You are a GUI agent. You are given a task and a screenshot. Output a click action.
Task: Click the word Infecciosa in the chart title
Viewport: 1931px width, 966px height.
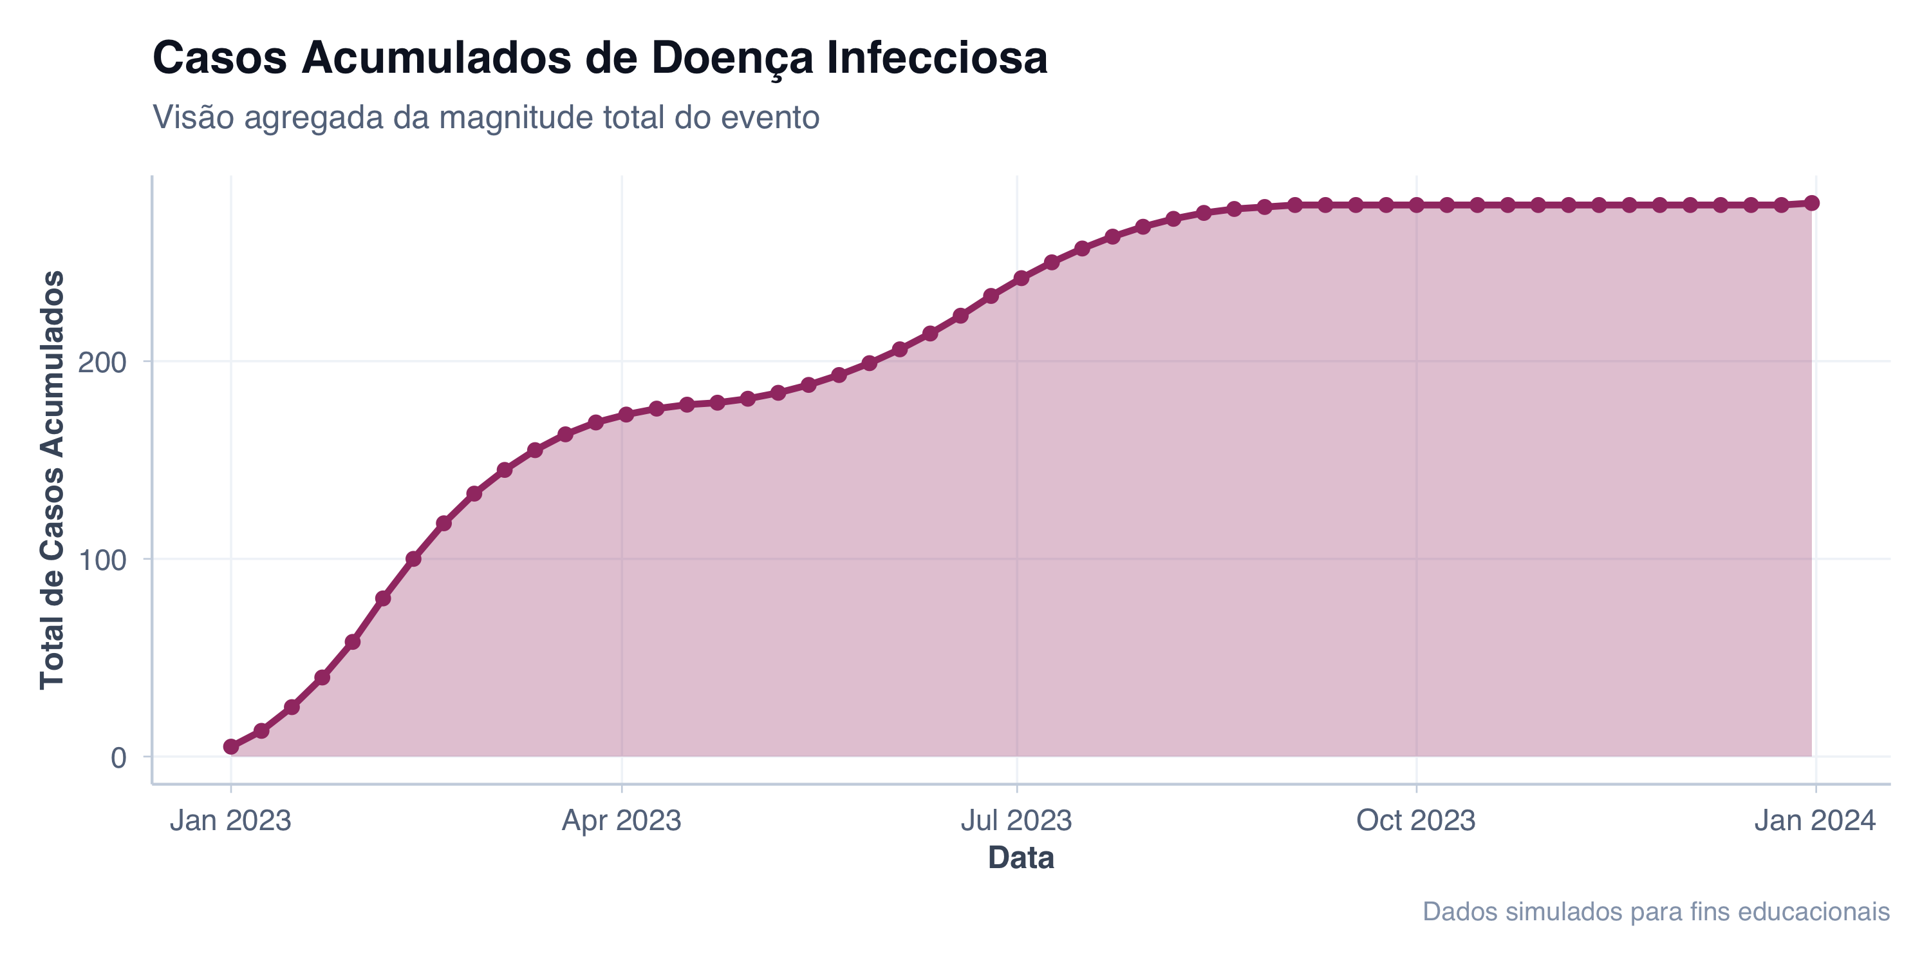pyautogui.click(x=937, y=58)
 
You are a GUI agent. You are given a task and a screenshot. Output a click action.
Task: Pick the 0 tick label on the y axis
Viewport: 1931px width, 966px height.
pyautogui.click(x=118, y=757)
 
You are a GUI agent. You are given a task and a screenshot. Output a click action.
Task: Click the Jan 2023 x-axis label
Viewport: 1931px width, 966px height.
pyautogui.click(x=230, y=820)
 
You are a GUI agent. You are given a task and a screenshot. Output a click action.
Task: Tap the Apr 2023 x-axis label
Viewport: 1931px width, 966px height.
pyautogui.click(x=621, y=820)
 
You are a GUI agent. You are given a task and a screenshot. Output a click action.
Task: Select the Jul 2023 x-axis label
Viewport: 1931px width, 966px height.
pyautogui.click(x=1016, y=820)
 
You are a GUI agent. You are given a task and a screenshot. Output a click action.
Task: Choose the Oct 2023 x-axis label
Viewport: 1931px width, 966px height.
pyautogui.click(x=1415, y=820)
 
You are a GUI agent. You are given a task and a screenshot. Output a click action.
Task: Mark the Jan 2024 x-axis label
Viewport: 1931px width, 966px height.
pyautogui.click(x=1814, y=820)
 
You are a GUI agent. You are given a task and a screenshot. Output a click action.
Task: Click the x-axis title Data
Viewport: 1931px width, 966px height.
pyautogui.click(x=1021, y=857)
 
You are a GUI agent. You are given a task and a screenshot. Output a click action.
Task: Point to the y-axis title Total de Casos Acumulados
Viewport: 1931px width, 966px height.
pyautogui.click(x=53, y=480)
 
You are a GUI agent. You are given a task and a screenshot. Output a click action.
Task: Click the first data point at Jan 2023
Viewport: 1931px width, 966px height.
pyautogui.click(x=231, y=746)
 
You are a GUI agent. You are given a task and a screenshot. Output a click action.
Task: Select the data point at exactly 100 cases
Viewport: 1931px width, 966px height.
pyautogui.click(x=413, y=559)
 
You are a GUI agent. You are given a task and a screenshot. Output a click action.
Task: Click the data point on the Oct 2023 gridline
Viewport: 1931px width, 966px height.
pyautogui.click(x=1416, y=205)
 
